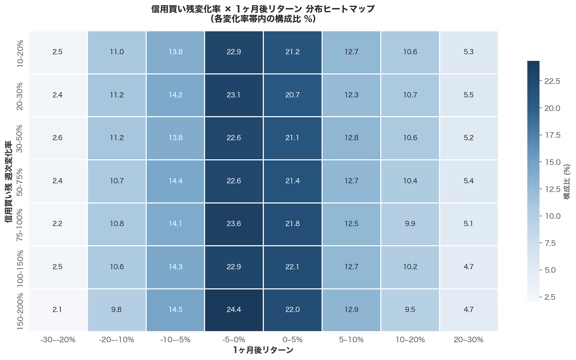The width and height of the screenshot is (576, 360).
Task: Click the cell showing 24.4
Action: point(234,310)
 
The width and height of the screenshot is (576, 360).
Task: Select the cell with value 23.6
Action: point(234,224)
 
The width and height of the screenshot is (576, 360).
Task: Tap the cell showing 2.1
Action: point(57,310)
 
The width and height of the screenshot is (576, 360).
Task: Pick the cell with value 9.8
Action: point(116,310)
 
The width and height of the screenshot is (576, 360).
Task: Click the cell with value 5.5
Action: point(469,95)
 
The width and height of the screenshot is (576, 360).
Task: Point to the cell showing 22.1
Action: point(292,267)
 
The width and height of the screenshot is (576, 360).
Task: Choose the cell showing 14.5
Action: point(175,310)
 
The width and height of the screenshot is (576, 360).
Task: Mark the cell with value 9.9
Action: point(410,224)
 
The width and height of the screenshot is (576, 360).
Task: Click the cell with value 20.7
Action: point(292,95)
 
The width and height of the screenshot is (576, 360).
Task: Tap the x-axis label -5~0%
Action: point(234,340)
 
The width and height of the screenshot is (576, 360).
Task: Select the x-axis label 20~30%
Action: point(469,340)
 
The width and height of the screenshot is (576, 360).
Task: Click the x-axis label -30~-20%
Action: point(58,340)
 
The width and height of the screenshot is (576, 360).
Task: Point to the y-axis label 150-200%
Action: point(20,311)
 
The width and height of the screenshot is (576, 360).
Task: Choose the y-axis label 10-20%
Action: point(20,53)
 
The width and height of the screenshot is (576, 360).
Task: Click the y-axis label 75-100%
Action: point(20,224)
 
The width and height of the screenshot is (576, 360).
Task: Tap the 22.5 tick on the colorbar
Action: point(552,81)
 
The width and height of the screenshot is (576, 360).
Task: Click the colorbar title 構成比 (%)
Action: point(567,182)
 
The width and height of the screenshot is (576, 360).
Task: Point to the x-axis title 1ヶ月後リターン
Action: point(263,350)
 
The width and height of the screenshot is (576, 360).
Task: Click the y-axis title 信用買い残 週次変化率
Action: point(9,182)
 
